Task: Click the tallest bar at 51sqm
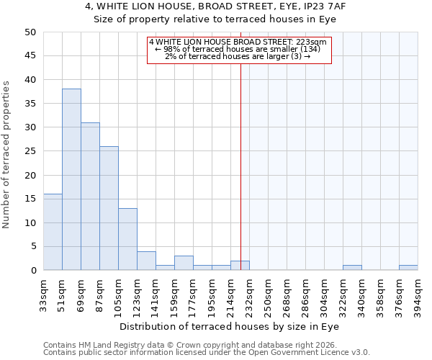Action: pyautogui.click(x=71, y=179)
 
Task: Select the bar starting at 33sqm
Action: pyautogui.click(x=53, y=232)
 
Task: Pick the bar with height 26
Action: pyautogui.click(x=109, y=208)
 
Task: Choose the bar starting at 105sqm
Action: pyautogui.click(x=127, y=239)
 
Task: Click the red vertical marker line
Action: pyautogui.click(x=240, y=166)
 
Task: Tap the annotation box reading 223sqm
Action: pyautogui.click(x=239, y=50)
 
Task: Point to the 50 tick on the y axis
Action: pyautogui.click(x=30, y=32)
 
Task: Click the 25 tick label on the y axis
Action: pyautogui.click(x=30, y=151)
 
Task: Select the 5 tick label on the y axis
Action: pyautogui.click(x=32, y=247)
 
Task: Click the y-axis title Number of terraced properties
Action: pyautogui.click(x=6, y=154)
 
